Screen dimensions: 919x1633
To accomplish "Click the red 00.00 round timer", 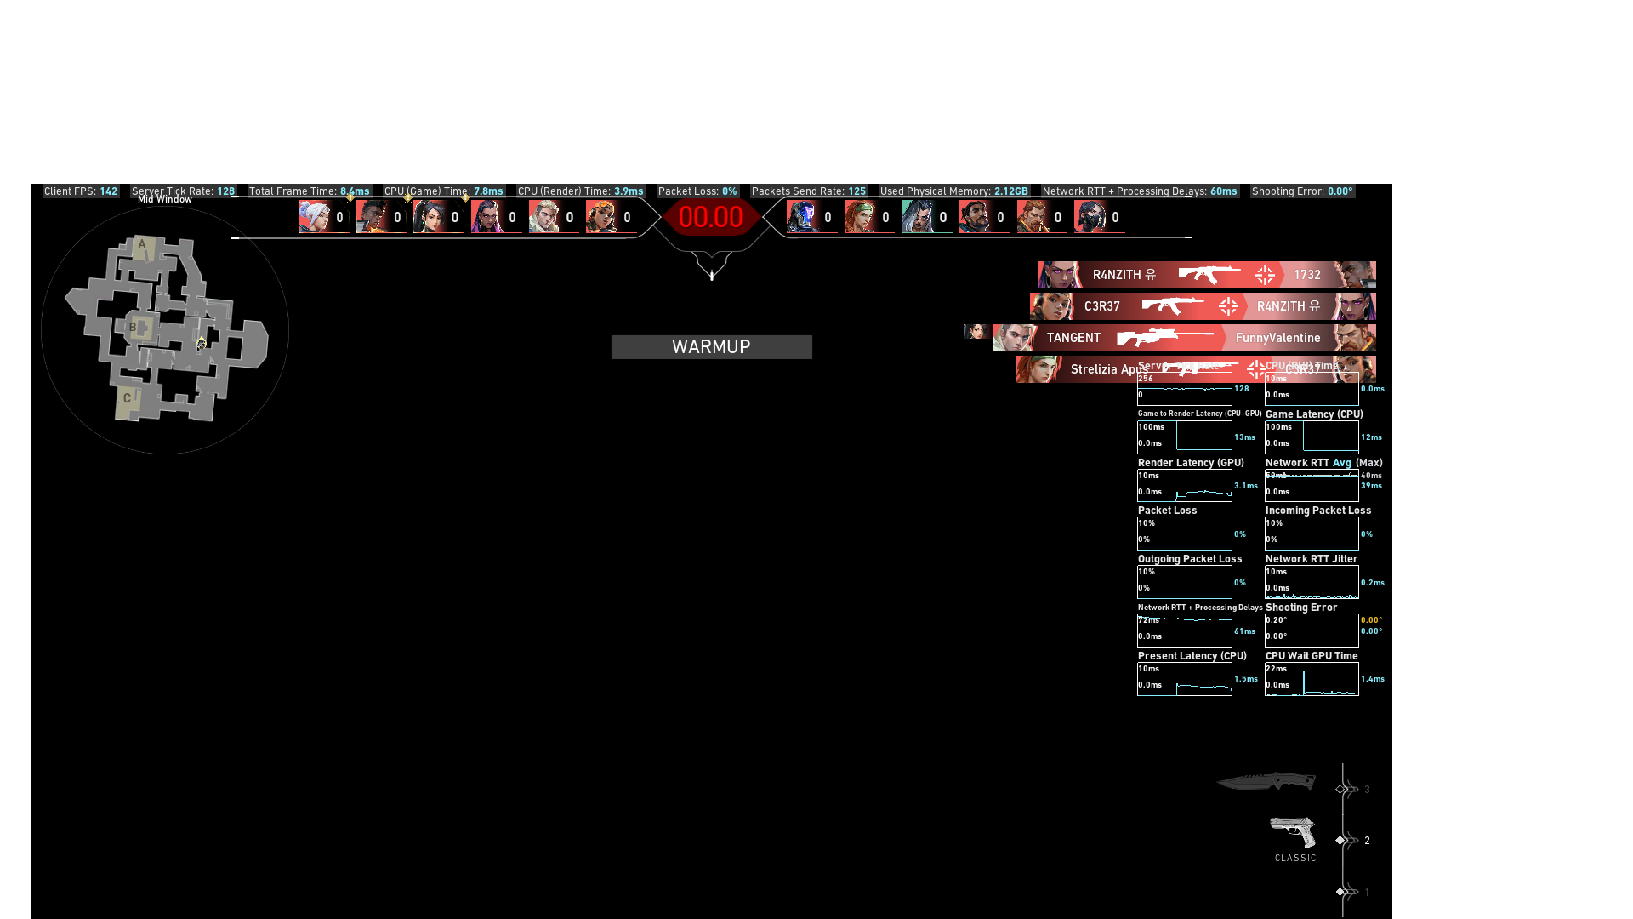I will click(711, 217).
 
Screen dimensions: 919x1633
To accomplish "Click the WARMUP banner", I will click(711, 347).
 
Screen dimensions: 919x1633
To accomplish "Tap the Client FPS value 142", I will click(108, 191).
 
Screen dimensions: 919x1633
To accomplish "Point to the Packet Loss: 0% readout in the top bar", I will click(697, 191).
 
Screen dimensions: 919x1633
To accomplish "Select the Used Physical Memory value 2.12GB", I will click(1010, 191).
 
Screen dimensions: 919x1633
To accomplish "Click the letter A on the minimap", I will click(142, 244).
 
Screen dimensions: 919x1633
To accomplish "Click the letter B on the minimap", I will click(133, 327).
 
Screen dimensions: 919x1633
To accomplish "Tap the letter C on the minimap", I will click(127, 397).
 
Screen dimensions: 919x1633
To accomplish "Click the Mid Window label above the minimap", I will click(165, 200).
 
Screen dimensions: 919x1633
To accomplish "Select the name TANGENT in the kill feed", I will click(1073, 338).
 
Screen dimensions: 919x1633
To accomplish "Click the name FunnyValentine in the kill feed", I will click(1277, 338).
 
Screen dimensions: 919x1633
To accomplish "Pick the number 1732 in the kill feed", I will click(1307, 275).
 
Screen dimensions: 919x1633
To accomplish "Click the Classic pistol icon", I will click(1293, 831).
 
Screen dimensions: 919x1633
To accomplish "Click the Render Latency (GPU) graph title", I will click(1191, 463).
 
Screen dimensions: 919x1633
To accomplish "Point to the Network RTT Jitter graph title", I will click(1311, 559).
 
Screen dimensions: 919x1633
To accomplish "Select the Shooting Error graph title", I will click(1300, 608).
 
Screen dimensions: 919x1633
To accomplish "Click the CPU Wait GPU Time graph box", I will click(1312, 679).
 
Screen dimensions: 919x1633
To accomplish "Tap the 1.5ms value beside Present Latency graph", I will click(1246, 679).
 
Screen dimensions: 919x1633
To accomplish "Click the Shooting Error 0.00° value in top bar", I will click(1340, 191).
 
